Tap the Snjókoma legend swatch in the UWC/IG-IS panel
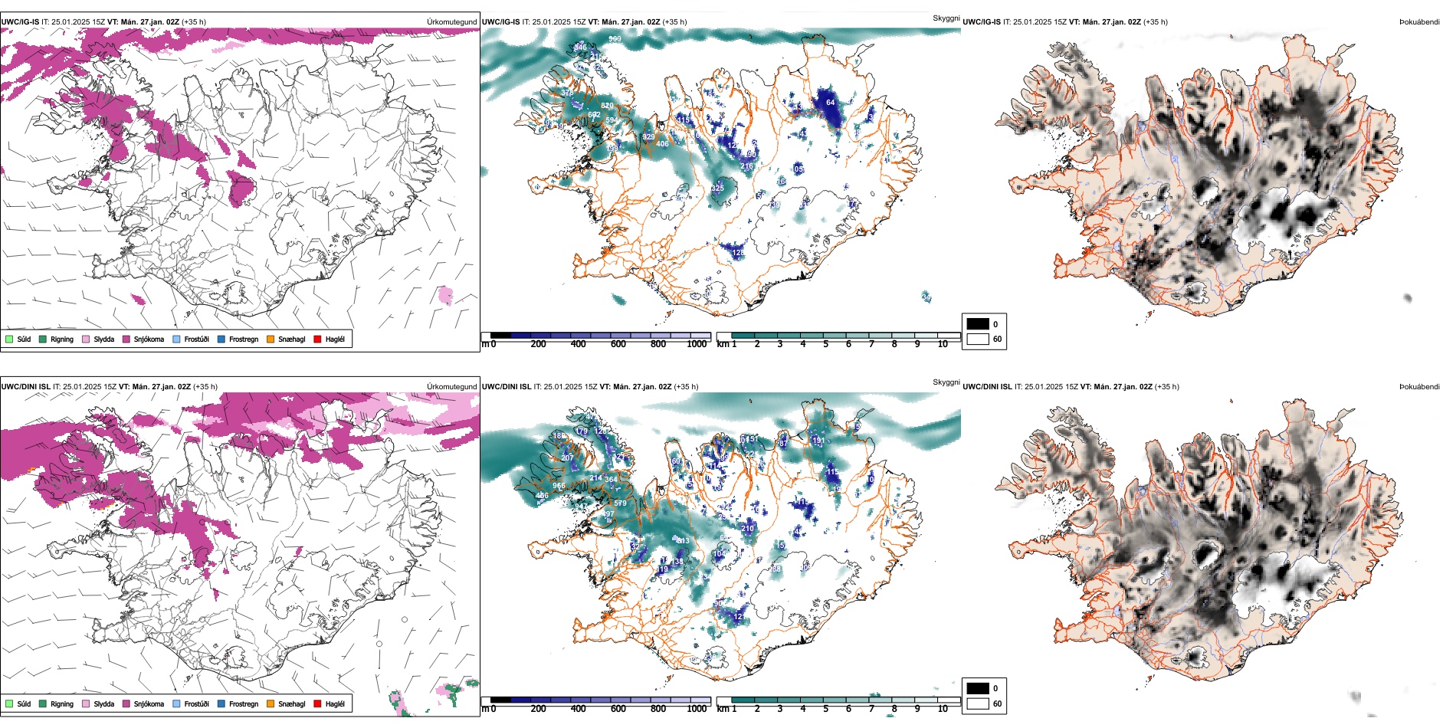[126, 339]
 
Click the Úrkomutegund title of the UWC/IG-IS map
[451, 22]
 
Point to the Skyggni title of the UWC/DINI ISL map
[946, 382]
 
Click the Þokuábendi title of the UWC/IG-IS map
[1419, 22]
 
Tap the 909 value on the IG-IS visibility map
[615, 39]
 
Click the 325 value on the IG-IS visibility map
[717, 188]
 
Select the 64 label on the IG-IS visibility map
[830, 102]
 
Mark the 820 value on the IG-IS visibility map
[607, 106]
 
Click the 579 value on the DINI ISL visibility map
[620, 503]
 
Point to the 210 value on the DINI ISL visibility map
[748, 528]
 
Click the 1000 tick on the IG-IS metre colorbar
[697, 345]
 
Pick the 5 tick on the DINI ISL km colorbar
[825, 710]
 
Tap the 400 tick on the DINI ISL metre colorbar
[578, 710]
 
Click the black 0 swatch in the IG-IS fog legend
[978, 324]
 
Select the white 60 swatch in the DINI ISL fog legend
[978, 703]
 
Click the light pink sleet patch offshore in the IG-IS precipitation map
[445, 295]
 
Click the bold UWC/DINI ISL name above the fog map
[987, 387]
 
